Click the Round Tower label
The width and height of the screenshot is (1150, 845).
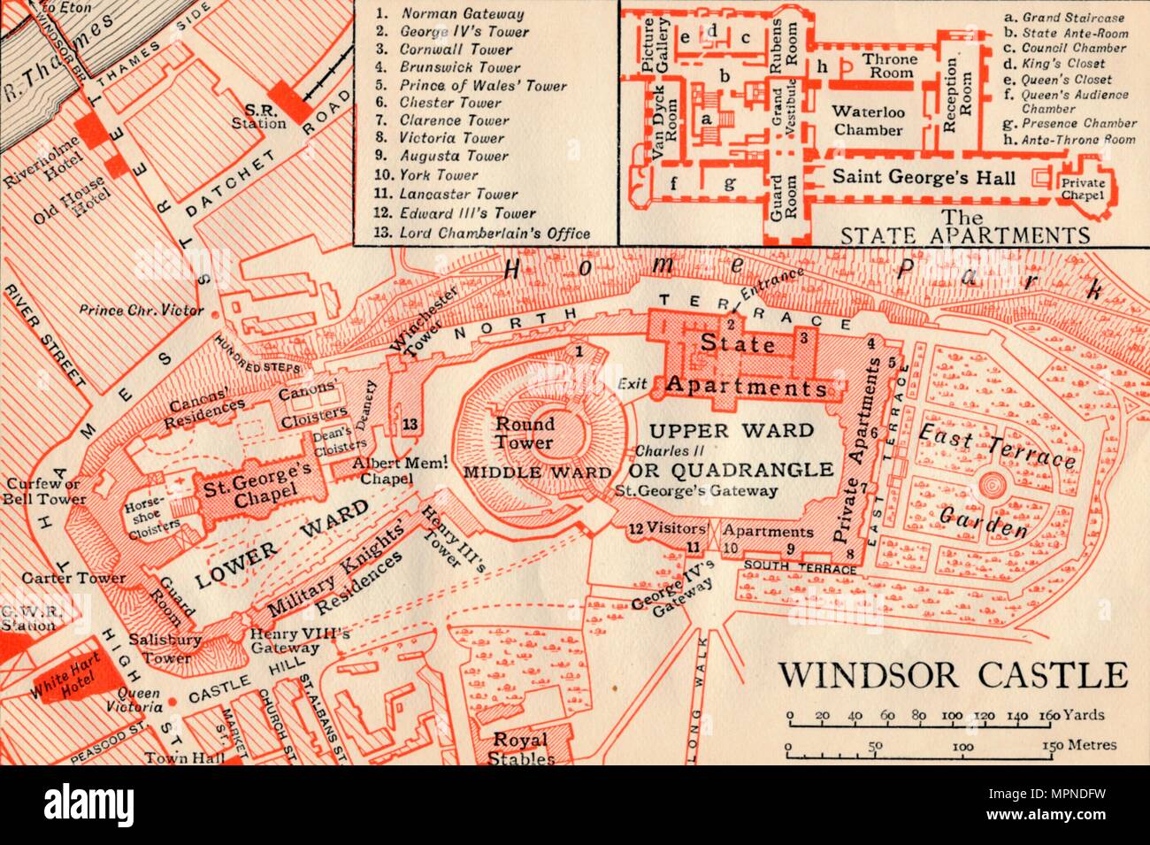click(x=525, y=433)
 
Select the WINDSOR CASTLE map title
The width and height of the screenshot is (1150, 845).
click(x=953, y=675)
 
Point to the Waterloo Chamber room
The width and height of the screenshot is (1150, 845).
click(x=867, y=119)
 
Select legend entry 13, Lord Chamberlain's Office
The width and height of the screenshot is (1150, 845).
click(x=484, y=234)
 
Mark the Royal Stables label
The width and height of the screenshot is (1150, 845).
click(x=520, y=748)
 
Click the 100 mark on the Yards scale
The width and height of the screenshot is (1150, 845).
click(x=953, y=717)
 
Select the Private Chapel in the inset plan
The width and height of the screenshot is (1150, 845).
click(x=1083, y=189)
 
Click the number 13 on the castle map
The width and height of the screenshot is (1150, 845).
click(x=410, y=424)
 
